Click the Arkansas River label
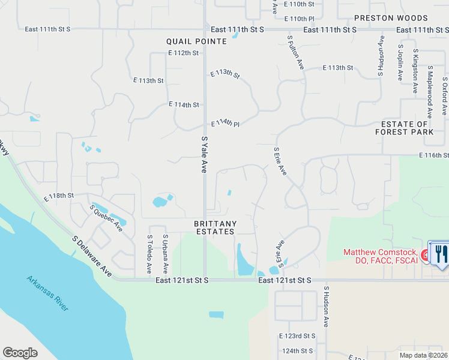point(47,293)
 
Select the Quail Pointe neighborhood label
point(197,41)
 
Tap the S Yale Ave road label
point(205,155)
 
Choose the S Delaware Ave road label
point(92,256)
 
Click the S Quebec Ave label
point(106,218)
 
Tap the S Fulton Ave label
point(296,52)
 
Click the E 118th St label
point(58,196)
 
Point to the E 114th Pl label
point(225,124)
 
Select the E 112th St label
point(183,53)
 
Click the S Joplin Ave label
point(400,62)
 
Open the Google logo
point(20,353)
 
